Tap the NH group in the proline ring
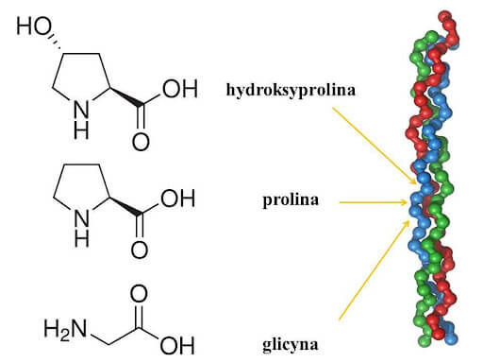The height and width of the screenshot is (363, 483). pos(83,225)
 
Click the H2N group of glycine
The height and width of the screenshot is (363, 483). pos(64,330)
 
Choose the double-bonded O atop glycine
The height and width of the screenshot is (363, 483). pos(139,290)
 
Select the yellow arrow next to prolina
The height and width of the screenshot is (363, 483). pos(374,201)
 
